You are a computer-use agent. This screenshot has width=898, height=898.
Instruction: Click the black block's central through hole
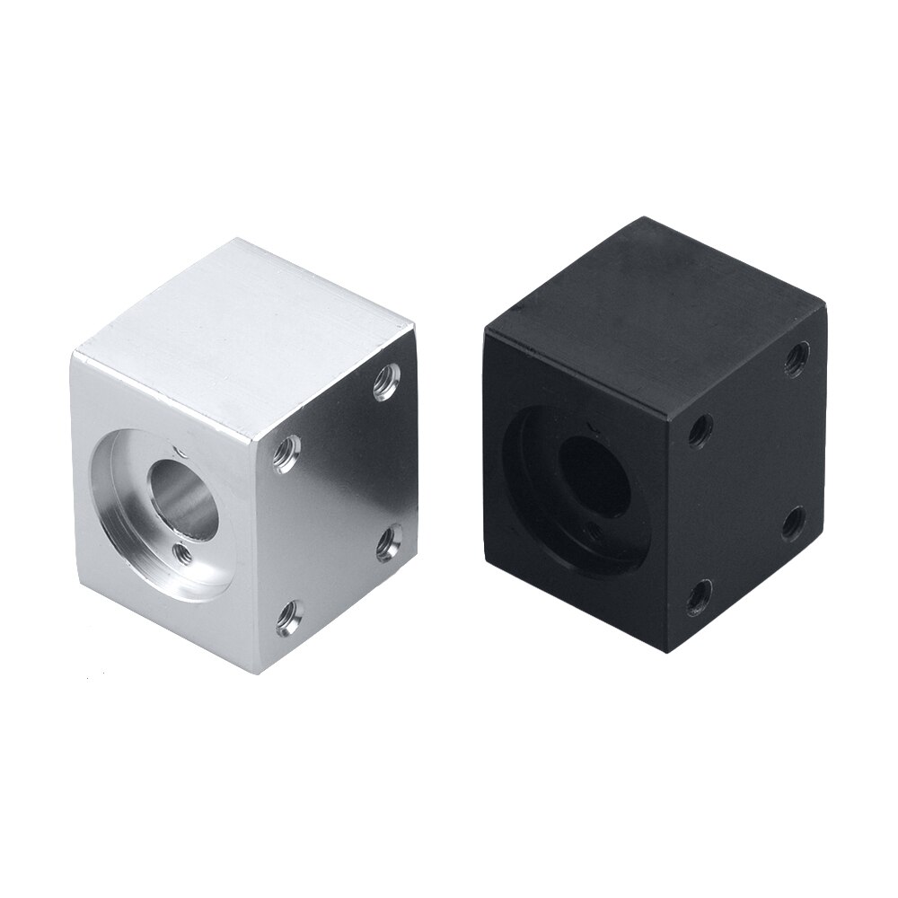click(594, 472)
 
